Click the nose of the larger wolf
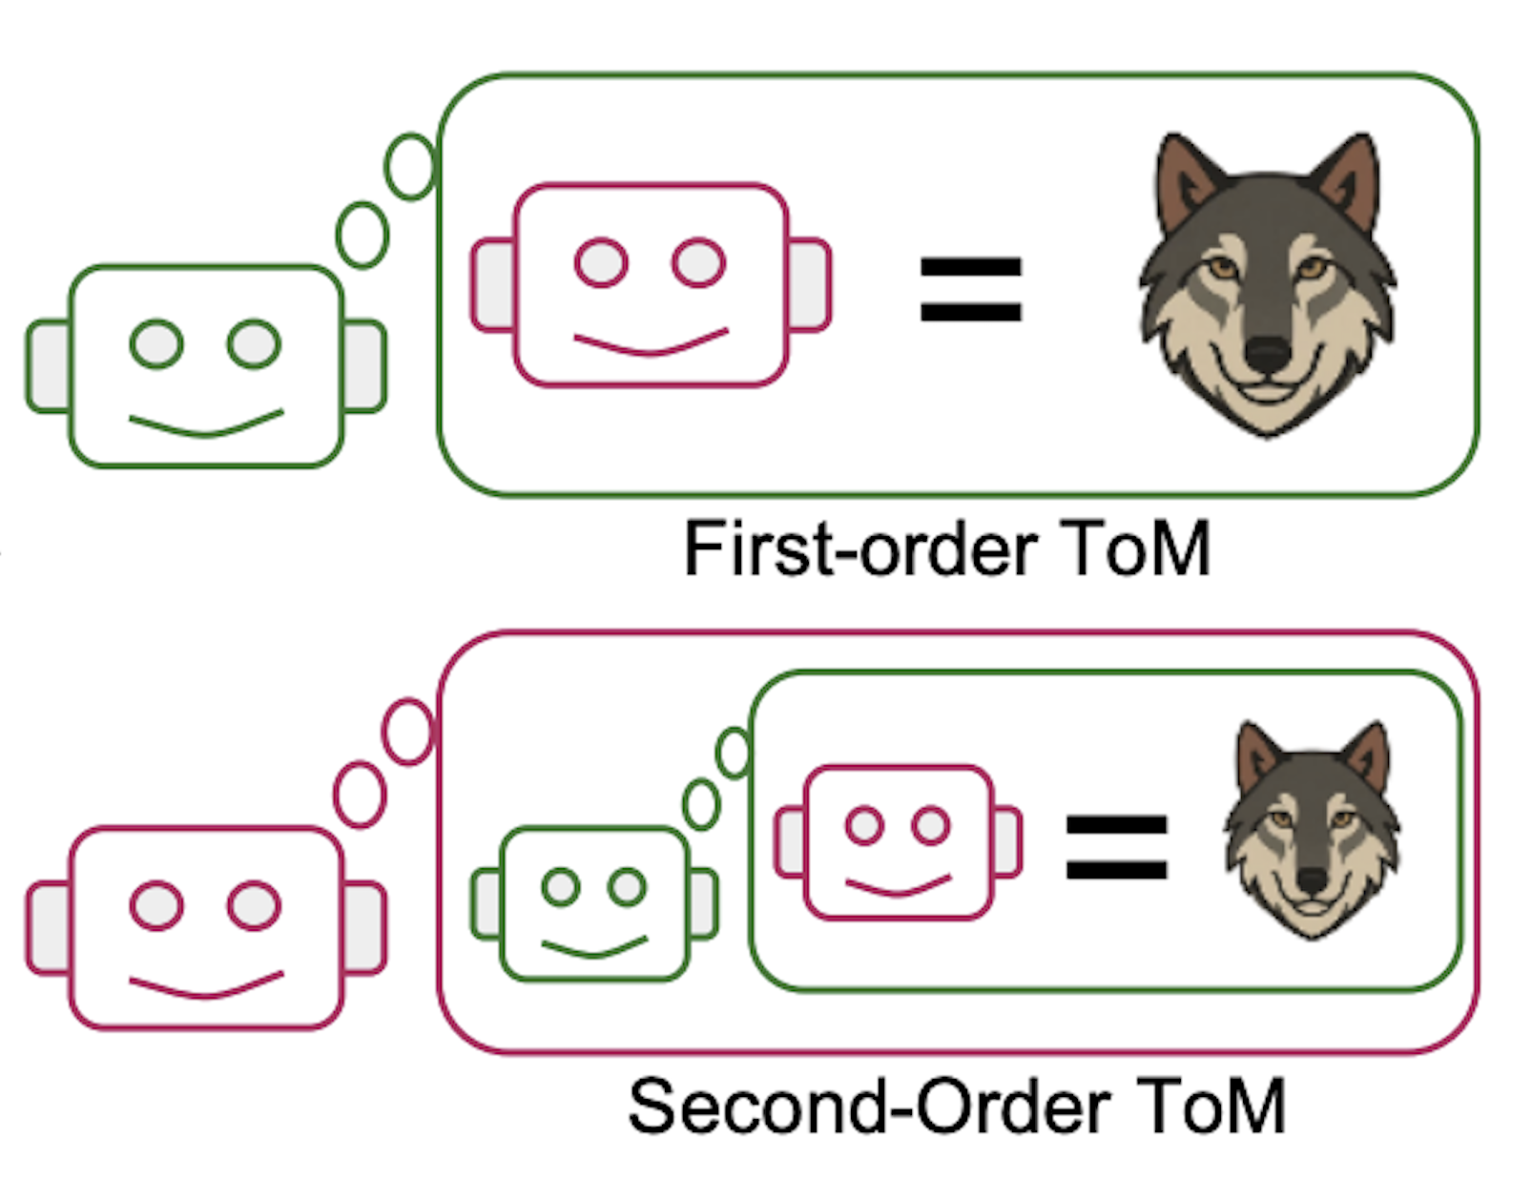[1267, 355]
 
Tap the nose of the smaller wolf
[1312, 880]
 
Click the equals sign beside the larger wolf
[970, 289]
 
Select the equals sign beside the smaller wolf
[1116, 847]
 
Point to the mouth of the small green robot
[593, 948]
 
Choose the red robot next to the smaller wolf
[898, 841]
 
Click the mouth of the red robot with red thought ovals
[206, 986]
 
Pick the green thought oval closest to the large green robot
[362, 235]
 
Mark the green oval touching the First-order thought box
[410, 167]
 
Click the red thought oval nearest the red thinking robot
[360, 794]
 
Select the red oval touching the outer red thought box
[407, 732]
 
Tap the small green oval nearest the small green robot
[701, 804]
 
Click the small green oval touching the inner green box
[735, 753]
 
